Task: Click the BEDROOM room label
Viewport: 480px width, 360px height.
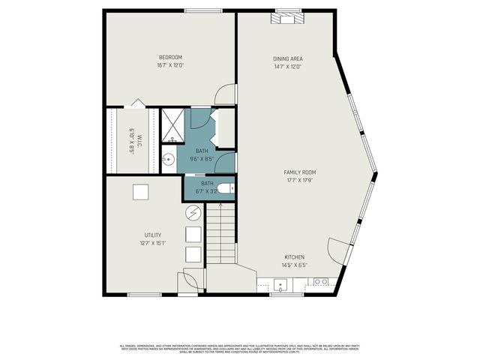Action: pyautogui.click(x=170, y=57)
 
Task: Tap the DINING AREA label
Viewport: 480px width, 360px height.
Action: pyautogui.click(x=287, y=58)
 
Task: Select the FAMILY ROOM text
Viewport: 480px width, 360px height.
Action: pyautogui.click(x=299, y=172)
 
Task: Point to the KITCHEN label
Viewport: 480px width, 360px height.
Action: pyautogui.click(x=294, y=257)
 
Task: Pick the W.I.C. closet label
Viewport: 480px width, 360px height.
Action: pyautogui.click(x=132, y=140)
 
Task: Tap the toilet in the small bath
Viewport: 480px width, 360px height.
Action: pyautogui.click(x=226, y=188)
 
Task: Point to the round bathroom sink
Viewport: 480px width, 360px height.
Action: pyautogui.click(x=169, y=158)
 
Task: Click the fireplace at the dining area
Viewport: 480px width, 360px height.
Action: pyautogui.click(x=287, y=17)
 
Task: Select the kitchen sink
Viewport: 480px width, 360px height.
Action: pyautogui.click(x=280, y=284)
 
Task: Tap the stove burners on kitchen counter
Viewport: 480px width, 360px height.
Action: pyautogui.click(x=320, y=282)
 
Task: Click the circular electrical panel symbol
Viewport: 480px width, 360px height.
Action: pyautogui.click(x=192, y=213)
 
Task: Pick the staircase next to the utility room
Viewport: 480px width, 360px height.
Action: pyautogui.click(x=220, y=235)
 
